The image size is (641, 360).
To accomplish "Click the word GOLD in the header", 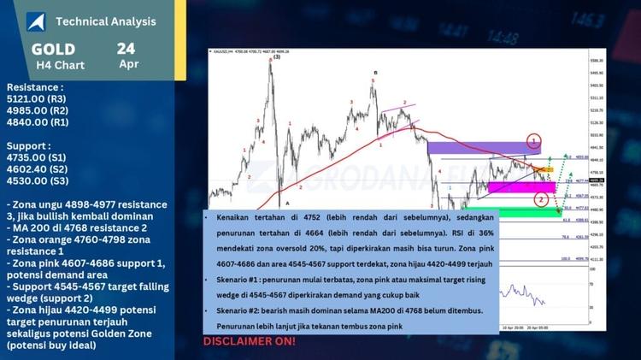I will pos(53,49).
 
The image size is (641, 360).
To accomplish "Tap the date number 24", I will pos(127,48).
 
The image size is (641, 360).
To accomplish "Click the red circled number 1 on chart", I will pos(534,141).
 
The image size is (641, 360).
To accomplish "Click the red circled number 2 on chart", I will pos(541,199).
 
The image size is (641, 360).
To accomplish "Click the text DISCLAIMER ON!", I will pos(250,341).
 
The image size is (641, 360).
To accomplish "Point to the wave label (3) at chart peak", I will pos(276,57).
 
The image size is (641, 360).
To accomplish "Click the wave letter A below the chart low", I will pos(287,203).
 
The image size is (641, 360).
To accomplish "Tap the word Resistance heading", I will pos(34,87).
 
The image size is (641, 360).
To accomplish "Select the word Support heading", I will pos(29,145).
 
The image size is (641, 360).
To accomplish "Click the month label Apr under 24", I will pos(129,64).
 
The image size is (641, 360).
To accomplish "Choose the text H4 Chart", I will pos(54,64).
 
